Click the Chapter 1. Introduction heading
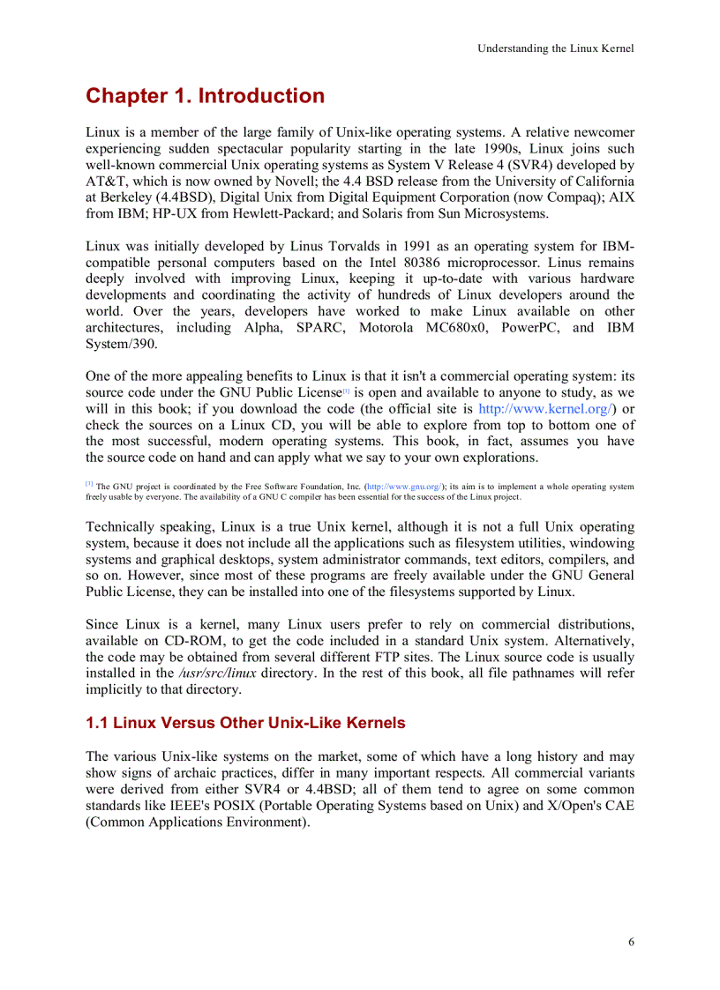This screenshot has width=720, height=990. tap(205, 96)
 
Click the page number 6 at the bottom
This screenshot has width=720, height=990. tap(631, 942)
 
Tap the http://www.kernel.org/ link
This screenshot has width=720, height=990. tap(545, 409)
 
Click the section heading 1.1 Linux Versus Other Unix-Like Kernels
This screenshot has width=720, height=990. tap(245, 723)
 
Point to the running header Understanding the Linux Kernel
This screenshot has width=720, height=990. tap(555, 48)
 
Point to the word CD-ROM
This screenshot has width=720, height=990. tap(182, 641)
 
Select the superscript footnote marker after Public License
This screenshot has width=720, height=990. tap(347, 390)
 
